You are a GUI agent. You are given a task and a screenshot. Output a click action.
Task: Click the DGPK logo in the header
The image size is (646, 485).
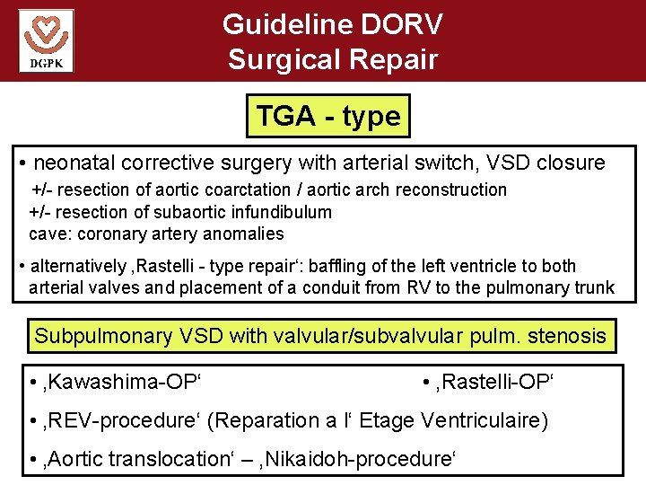pyautogui.click(x=46, y=40)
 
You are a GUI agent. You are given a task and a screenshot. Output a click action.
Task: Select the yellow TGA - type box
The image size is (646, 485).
pyautogui.click(x=327, y=116)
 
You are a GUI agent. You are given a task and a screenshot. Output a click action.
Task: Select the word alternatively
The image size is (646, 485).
pyautogui.click(x=78, y=267)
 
